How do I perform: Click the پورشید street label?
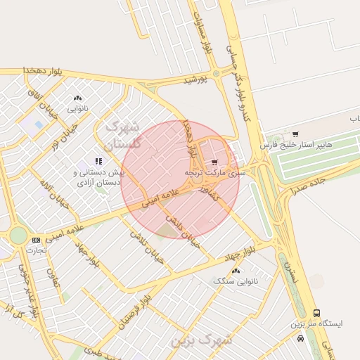[x=196, y=80]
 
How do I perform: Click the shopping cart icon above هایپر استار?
[x=295, y=134]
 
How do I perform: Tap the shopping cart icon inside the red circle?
[x=214, y=162]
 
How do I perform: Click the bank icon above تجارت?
[x=36, y=240]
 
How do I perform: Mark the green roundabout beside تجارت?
[x=17, y=236]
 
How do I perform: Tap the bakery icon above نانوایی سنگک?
[x=236, y=271]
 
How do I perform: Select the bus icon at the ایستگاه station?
[x=316, y=313]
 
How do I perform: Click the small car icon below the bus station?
[x=301, y=338]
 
